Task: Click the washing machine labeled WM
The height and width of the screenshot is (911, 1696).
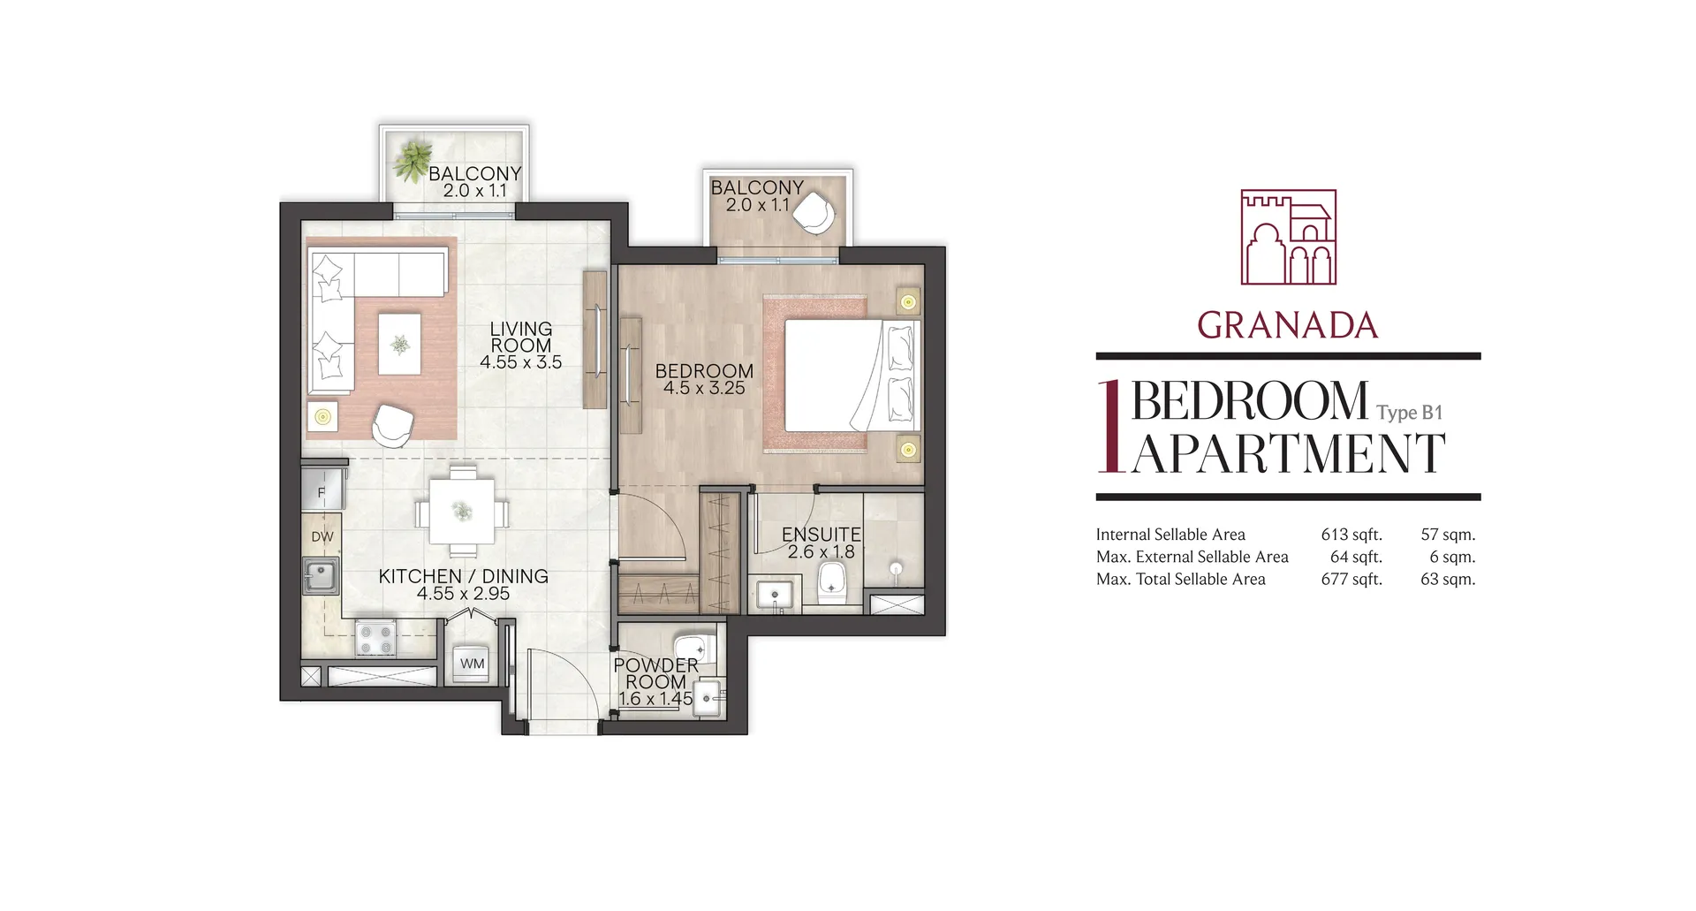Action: pos(473,664)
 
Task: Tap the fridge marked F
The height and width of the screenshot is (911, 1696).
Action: pos(322,492)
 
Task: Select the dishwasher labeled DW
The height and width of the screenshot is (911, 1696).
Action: pos(322,536)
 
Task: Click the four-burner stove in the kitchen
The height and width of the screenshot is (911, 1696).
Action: pos(375,638)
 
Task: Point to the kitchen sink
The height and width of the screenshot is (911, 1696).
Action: pos(321,577)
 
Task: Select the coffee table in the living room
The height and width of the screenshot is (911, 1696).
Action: pos(400,344)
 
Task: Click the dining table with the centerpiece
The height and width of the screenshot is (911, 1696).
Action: pos(461,511)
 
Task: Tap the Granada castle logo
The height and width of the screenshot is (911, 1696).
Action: pos(1288,237)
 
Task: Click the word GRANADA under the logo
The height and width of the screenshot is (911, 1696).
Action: pos(1288,326)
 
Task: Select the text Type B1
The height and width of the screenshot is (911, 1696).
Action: pos(1409,413)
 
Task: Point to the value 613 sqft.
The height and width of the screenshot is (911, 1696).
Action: pos(1351,535)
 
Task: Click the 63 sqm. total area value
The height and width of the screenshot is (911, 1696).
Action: pos(1448,579)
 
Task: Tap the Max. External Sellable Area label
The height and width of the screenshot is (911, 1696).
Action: pos(1192,557)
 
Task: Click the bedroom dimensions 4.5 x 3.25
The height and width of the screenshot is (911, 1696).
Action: pos(704,388)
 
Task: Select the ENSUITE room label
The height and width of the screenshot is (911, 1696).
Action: pos(821,535)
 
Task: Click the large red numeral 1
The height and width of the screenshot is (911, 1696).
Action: pos(1111,426)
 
